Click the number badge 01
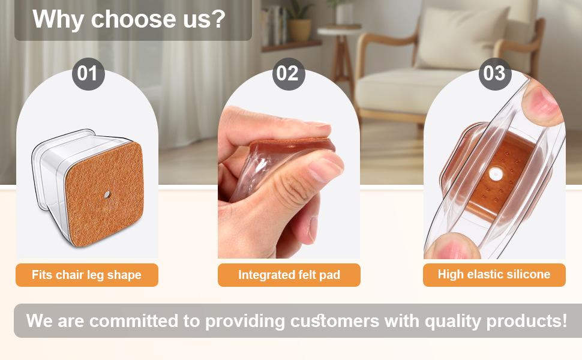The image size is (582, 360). tap(88, 74)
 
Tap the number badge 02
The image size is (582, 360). tap(289, 74)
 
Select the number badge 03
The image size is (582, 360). tap(495, 74)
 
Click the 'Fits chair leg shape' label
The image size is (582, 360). tap(87, 275)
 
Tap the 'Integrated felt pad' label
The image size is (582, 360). tap(289, 275)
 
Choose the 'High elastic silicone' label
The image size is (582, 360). tap(494, 275)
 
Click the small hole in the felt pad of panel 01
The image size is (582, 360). tap(107, 194)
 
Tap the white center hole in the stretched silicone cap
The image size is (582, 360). tap(496, 173)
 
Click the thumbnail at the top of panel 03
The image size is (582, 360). tap(542, 101)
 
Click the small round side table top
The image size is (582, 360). tap(339, 29)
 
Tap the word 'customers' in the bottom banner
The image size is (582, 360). tap(334, 321)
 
